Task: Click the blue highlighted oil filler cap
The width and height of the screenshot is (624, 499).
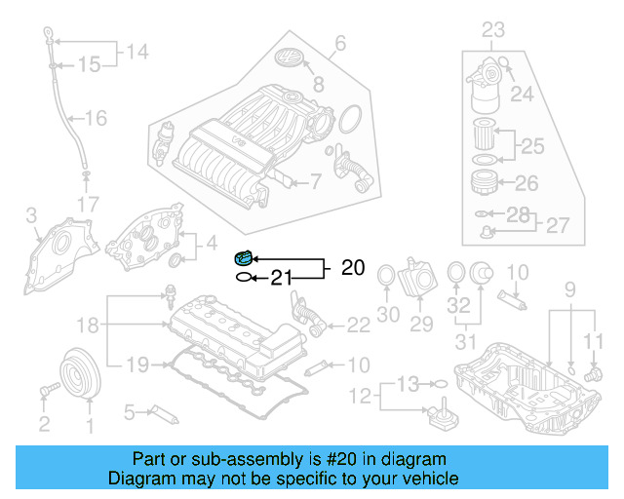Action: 243,257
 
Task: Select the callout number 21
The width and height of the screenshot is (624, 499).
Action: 281,278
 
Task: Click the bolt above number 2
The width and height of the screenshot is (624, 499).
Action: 45,392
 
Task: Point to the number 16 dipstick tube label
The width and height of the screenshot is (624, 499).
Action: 96,119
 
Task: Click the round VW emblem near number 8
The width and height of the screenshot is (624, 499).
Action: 291,58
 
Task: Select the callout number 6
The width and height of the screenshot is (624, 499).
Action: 339,43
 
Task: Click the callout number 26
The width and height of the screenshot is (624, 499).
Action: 526,182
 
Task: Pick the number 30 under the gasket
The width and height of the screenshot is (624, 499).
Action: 388,314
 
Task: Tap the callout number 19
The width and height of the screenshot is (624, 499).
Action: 137,364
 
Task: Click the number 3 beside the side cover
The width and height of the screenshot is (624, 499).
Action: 31,214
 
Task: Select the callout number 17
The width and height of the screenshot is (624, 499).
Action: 88,205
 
